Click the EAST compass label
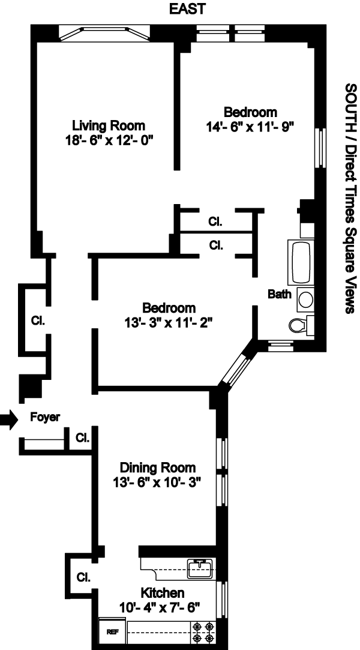click(x=187, y=9)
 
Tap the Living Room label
click(x=109, y=125)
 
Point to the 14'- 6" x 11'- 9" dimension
click(x=250, y=127)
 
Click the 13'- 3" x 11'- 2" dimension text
click(x=169, y=322)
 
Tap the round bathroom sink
click(x=305, y=299)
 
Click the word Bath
click(x=280, y=294)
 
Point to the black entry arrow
click(x=8, y=420)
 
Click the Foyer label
click(x=45, y=417)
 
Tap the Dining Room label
click(x=157, y=468)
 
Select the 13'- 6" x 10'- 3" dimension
click(x=157, y=483)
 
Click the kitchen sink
click(x=200, y=568)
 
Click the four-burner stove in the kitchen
click(x=204, y=631)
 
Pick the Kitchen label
click(x=163, y=592)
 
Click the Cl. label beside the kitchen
click(x=83, y=577)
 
